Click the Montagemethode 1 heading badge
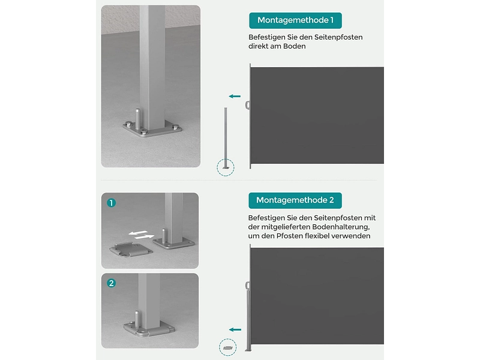pyautogui.click(x=295, y=20)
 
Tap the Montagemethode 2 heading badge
pyautogui.click(x=295, y=200)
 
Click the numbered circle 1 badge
pyautogui.click(x=112, y=203)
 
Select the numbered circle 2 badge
pyautogui.click(x=112, y=283)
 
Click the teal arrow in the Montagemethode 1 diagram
pyautogui.click(x=235, y=96)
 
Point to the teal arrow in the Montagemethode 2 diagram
pyautogui.click(x=235, y=329)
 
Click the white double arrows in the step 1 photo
pyautogui.click(x=141, y=235)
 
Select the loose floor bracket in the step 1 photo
pyautogui.click(x=131, y=250)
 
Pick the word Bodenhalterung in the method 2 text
pyautogui.click(x=341, y=227)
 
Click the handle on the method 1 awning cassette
pyautogui.click(x=247, y=106)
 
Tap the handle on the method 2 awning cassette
pyautogui.click(x=247, y=286)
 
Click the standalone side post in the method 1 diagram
pyautogui.click(x=226, y=138)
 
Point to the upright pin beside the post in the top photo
pyautogui.click(x=138, y=119)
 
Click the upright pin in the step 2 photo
pyautogui.click(x=137, y=320)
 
